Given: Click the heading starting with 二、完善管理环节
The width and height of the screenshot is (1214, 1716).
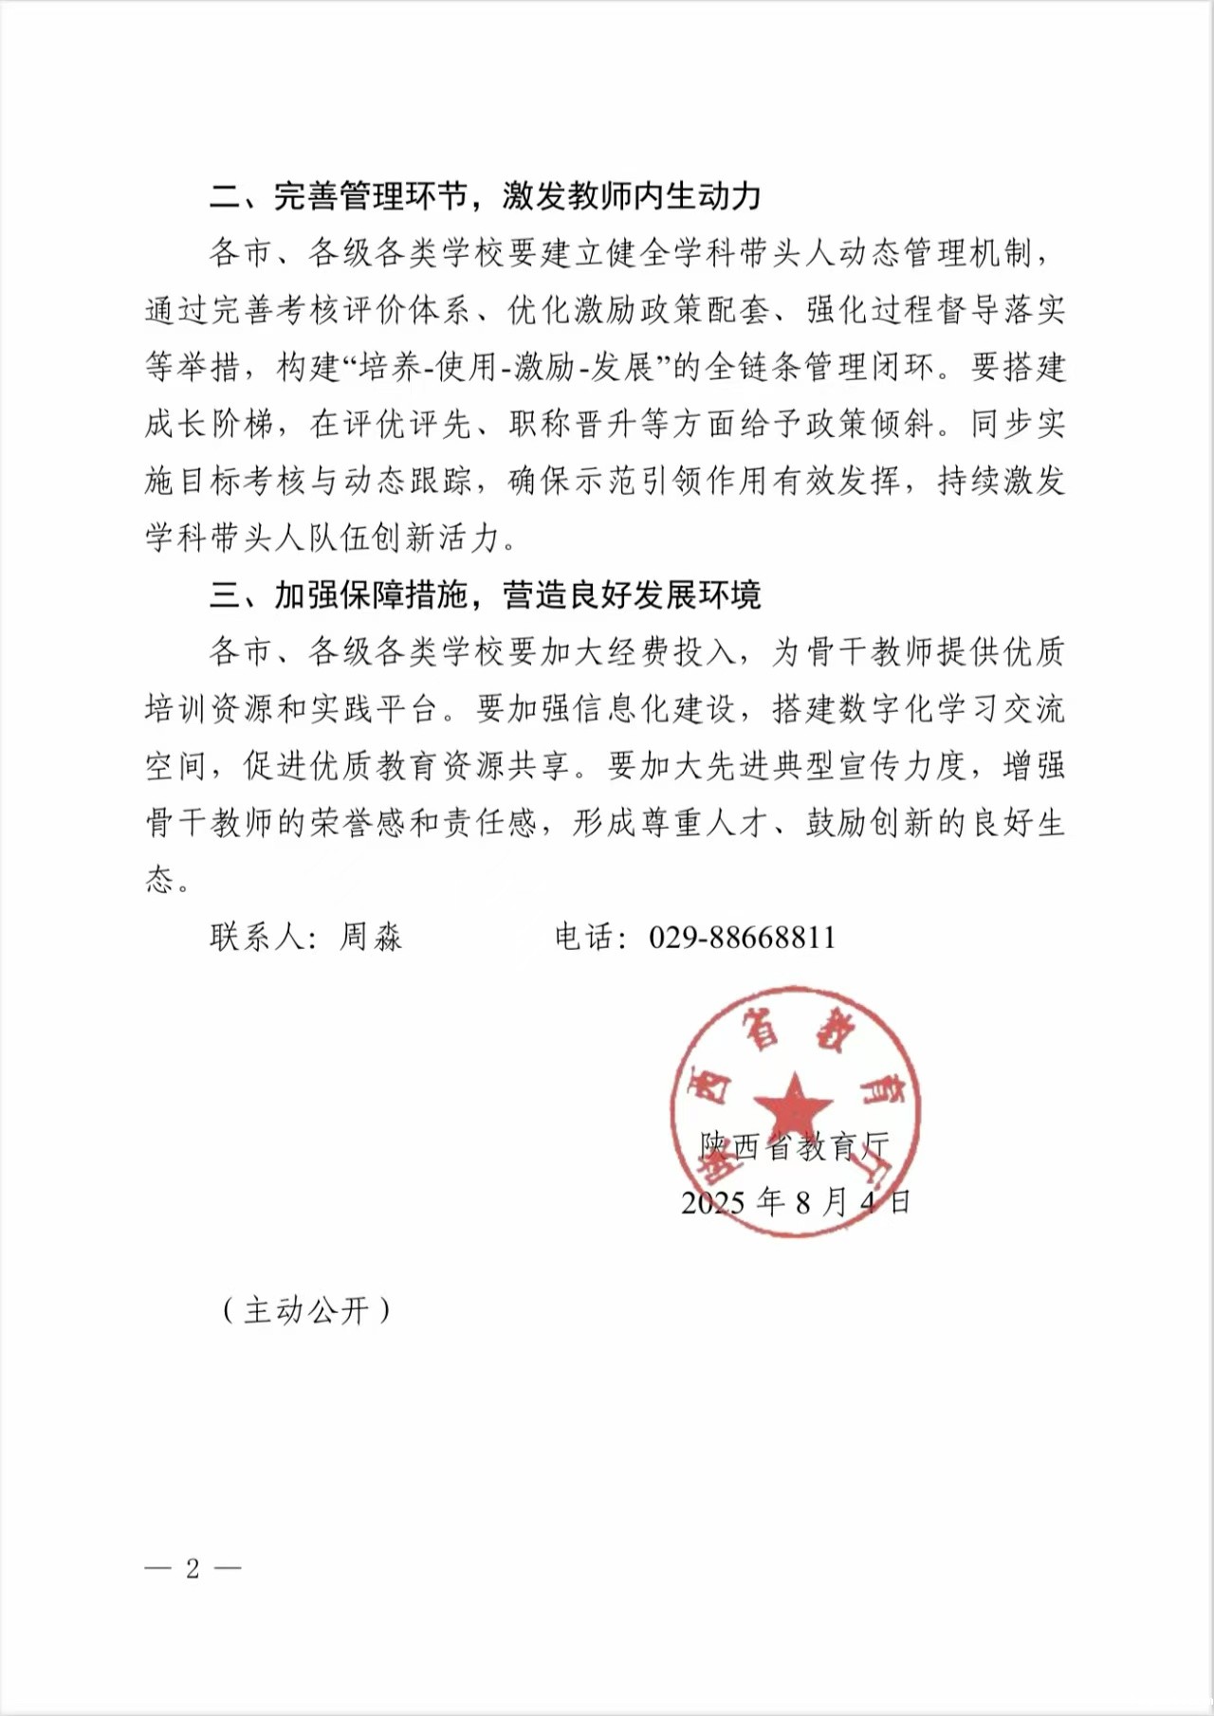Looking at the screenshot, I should (x=486, y=196).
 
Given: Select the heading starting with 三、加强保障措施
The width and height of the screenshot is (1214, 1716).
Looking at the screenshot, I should (x=486, y=595).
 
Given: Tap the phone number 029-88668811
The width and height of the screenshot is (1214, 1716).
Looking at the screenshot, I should (x=743, y=938).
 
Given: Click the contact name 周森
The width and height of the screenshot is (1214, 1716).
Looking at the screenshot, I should (x=371, y=938).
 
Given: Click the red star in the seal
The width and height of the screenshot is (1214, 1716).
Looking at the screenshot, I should (x=793, y=1104).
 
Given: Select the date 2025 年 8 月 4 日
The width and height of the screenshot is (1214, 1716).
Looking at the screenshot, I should (x=796, y=1202).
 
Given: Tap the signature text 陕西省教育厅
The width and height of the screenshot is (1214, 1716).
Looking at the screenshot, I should (x=795, y=1147).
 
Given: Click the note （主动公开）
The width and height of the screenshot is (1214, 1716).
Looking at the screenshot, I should (x=306, y=1310).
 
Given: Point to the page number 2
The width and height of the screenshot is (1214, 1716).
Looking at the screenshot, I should (x=193, y=1568).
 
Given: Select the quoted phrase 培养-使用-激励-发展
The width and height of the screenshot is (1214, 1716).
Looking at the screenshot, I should (x=507, y=368).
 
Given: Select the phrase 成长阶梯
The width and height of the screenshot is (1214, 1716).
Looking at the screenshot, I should (x=210, y=425).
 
